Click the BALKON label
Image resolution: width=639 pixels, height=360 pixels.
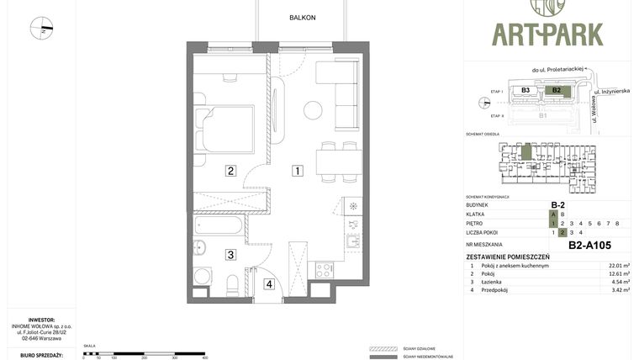pos(302,17)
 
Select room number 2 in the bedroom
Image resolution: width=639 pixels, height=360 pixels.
pos(230,171)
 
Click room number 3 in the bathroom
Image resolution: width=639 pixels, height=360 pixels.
pos(230,253)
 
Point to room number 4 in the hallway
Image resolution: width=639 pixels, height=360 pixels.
pos(269,283)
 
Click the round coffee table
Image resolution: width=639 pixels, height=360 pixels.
pos(313,109)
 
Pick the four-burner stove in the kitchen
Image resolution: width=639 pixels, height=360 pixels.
pos(325,270)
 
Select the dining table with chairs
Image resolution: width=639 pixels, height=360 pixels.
pos(339,161)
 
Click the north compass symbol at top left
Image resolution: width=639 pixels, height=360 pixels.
pos(41,29)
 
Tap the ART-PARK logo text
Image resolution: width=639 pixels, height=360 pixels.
pos(547,34)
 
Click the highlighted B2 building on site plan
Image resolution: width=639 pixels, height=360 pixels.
pos(556,90)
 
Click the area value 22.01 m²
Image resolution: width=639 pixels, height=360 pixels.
pos(619,266)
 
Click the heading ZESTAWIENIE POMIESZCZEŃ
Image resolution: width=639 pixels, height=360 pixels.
pos(508,257)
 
